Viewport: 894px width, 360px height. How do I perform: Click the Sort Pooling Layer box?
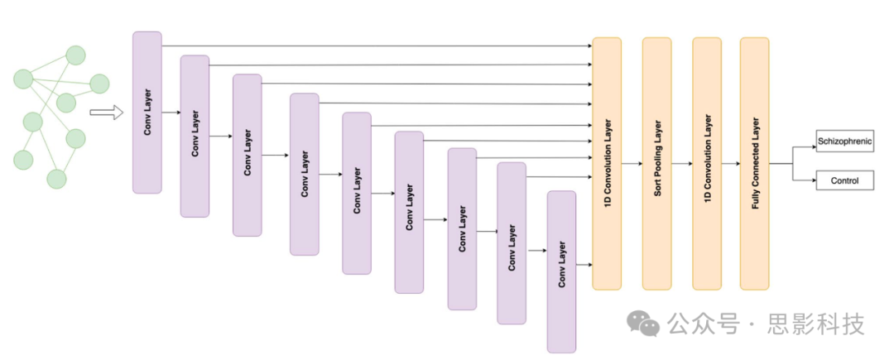tap(656, 163)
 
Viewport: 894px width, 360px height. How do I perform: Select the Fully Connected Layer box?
tap(755, 163)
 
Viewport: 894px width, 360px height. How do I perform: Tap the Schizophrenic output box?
tap(844, 142)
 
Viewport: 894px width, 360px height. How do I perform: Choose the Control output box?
tap(844, 180)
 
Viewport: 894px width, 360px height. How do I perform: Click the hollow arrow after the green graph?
tap(106, 113)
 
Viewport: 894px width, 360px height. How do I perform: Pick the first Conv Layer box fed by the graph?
tap(147, 113)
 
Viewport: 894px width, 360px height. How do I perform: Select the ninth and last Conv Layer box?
tap(561, 271)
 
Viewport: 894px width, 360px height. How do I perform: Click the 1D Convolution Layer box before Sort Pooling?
tap(607, 163)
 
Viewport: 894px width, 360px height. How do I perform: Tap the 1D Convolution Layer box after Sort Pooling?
tap(707, 163)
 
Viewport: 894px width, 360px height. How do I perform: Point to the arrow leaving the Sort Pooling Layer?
tap(682, 164)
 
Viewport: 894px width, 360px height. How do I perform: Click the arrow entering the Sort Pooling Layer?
tap(632, 164)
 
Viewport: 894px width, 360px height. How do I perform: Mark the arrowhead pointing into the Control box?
tap(813, 180)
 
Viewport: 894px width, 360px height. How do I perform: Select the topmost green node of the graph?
tap(75, 56)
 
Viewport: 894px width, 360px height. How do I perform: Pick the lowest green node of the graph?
tap(56, 178)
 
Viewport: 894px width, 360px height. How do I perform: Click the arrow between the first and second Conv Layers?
tap(171, 113)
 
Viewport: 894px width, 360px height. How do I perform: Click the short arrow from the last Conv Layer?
tap(584, 265)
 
